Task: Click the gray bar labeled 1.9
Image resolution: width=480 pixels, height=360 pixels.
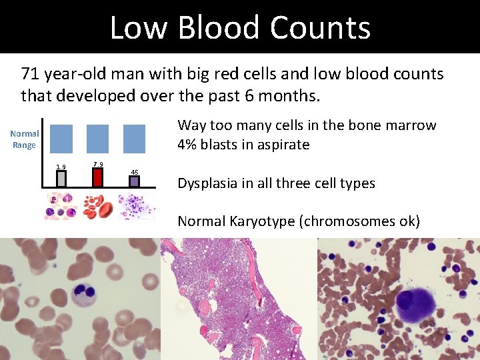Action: (x=61, y=179)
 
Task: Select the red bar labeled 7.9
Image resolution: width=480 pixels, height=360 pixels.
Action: (x=98, y=177)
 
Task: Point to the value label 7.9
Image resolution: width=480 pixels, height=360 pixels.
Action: (x=98, y=164)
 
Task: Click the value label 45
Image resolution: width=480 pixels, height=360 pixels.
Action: (x=135, y=173)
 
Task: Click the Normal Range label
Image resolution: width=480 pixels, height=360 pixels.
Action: (x=24, y=139)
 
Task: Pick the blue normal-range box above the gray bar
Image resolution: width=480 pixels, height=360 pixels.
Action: (x=61, y=139)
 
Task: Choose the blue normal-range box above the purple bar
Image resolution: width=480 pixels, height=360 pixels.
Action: (x=135, y=139)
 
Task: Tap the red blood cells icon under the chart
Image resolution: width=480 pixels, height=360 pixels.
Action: (x=98, y=206)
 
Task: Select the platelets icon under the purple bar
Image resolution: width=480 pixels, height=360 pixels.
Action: (x=136, y=206)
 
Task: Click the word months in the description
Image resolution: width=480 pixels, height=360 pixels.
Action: (x=291, y=95)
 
